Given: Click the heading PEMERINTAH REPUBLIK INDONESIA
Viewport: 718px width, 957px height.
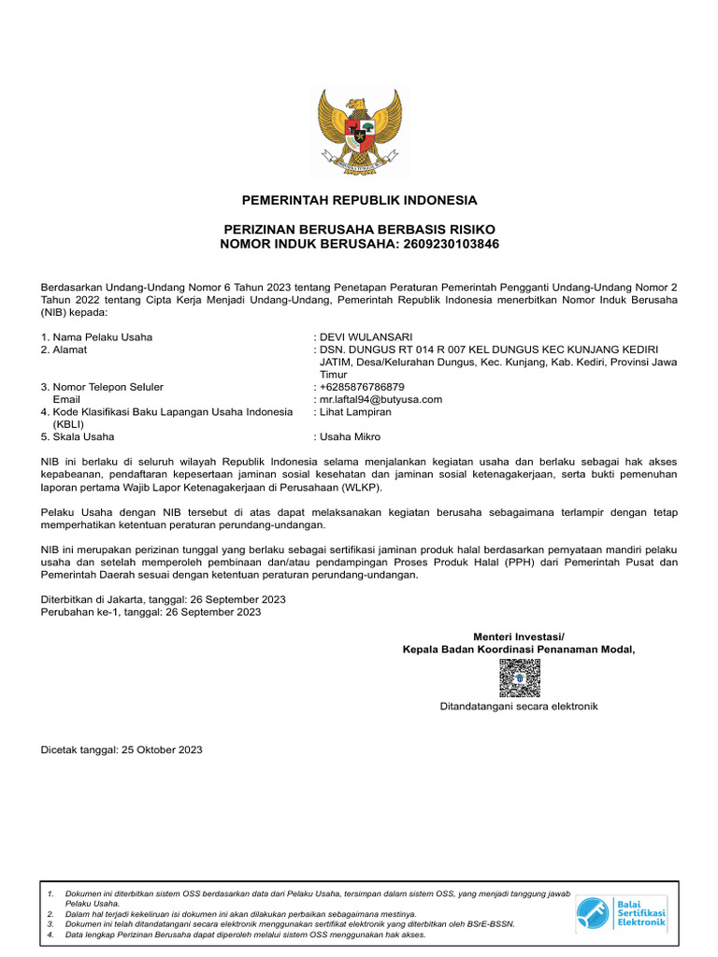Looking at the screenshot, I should [359, 200].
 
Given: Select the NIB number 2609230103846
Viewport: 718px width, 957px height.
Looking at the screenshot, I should [452, 244].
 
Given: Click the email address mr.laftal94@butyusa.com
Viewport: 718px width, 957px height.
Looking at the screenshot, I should [381, 399].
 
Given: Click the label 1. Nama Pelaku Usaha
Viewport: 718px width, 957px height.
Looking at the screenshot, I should [96, 337].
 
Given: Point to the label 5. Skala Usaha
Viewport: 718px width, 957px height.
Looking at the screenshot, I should [78, 436].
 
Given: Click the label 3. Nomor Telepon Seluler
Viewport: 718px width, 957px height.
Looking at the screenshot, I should [102, 387].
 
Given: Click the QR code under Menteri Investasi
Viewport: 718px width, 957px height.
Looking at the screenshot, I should [519, 678].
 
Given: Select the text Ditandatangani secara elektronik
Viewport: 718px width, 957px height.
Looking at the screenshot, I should [519, 707].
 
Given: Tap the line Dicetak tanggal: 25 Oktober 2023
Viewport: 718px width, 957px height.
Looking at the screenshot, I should [122, 750].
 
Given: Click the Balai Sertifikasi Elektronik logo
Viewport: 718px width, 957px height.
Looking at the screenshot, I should [621, 911].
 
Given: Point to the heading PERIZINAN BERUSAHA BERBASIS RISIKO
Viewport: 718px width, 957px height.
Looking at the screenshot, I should [359, 230].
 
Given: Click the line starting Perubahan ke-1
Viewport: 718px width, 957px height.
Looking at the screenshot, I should [151, 612].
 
